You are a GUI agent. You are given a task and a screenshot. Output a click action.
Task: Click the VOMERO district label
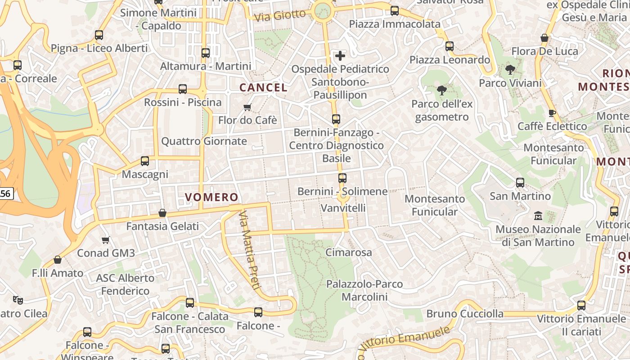[211, 197]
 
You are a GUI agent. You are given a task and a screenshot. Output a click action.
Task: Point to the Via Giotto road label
[280, 16]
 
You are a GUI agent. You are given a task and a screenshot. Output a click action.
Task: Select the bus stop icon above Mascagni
[145, 161]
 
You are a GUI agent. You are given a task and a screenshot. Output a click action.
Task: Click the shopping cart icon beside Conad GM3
[106, 240]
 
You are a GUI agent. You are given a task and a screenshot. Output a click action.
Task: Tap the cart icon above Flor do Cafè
[247, 107]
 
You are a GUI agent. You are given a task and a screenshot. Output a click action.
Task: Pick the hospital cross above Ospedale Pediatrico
[340, 56]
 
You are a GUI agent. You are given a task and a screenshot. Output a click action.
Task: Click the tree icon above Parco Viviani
[510, 70]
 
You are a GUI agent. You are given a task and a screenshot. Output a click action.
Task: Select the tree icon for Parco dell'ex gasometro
[442, 90]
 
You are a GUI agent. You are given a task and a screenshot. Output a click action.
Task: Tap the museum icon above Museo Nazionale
[538, 216]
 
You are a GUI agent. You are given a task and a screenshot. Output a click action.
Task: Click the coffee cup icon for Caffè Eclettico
[552, 113]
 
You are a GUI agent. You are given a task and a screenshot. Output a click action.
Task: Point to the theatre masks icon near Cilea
[18, 299]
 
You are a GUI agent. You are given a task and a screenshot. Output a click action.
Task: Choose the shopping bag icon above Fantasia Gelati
[162, 213]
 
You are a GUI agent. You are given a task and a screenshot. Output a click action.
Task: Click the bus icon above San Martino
[520, 183]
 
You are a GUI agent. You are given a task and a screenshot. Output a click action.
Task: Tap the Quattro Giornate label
[204, 141]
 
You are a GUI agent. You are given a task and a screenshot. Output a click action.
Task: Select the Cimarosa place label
[349, 252]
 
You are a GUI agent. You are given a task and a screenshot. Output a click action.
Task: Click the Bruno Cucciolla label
[465, 314]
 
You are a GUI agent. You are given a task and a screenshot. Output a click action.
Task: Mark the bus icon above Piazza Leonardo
[449, 46]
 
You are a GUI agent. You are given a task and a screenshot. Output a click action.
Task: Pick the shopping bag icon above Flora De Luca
[544, 38]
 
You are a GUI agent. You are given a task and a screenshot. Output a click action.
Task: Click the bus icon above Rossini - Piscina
[183, 89]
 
